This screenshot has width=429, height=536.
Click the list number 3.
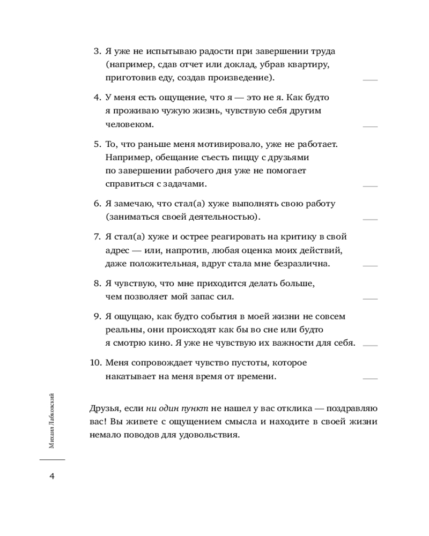tap(97, 51)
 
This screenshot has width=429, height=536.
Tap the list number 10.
tap(94, 363)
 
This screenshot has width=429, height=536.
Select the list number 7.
tap(97, 236)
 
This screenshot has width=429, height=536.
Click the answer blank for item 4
tap(370, 126)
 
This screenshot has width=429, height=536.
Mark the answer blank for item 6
tap(370, 220)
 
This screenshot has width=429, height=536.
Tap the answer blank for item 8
tap(370, 299)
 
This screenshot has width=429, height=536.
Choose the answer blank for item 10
tap(370, 378)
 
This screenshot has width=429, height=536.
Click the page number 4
tap(52, 477)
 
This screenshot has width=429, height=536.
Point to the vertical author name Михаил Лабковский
tap(51, 420)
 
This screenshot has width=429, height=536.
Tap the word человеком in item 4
tap(128, 124)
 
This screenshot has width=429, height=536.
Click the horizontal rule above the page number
tap(52, 460)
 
